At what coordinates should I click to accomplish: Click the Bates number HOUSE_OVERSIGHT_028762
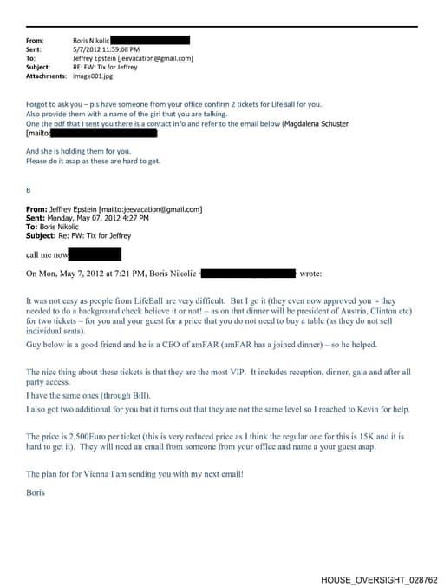click(379, 579)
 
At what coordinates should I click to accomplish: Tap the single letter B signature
click(29, 189)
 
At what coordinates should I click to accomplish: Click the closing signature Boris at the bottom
click(36, 491)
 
